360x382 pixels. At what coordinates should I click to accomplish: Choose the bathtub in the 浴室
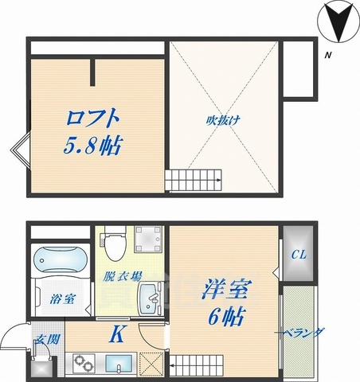(x=61, y=259)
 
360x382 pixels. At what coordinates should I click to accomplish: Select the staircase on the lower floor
(x=195, y=365)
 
